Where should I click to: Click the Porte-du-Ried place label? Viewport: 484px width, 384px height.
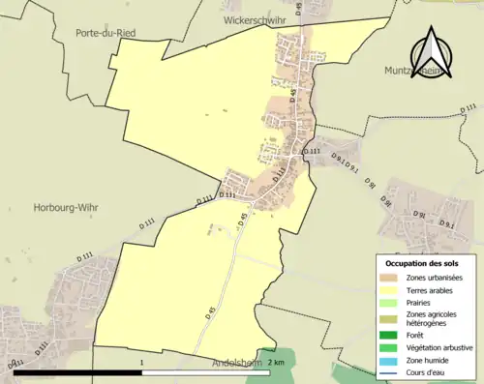click(x=106, y=33)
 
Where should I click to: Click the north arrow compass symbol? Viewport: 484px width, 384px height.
click(x=432, y=48)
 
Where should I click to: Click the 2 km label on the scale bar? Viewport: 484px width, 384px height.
click(x=278, y=363)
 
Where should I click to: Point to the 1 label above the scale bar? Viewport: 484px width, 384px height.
click(x=142, y=363)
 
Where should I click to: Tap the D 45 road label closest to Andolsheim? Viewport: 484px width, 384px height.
click(x=209, y=312)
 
